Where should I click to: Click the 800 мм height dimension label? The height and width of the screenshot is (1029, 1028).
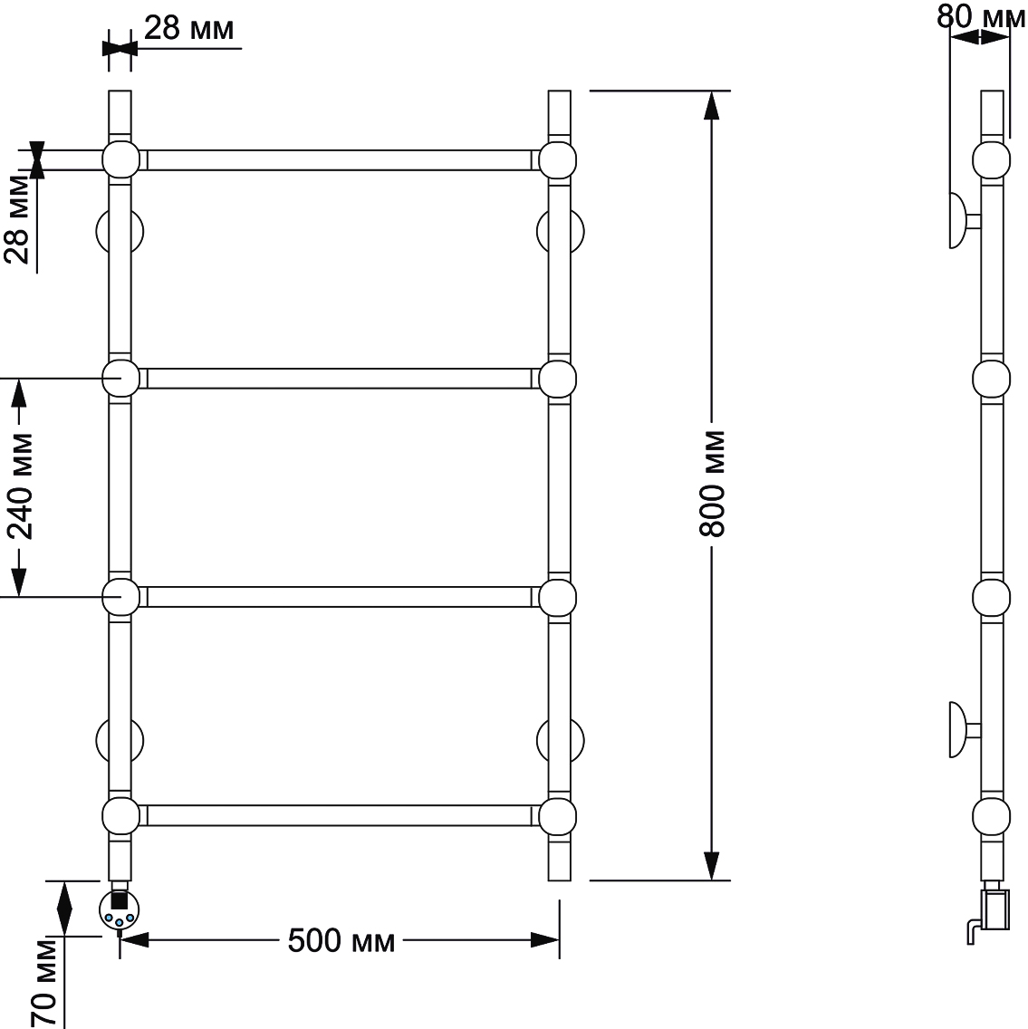712,485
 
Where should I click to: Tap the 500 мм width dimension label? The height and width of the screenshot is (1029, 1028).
341,941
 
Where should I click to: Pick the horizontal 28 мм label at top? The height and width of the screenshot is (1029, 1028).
188,28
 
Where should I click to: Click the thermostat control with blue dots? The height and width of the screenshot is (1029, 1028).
119,911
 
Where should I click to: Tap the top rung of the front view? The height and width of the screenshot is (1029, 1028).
340,160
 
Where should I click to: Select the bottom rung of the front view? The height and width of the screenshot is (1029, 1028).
340,816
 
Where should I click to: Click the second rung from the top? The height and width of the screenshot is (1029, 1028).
340,379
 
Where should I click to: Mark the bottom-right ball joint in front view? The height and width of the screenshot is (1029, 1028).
558,816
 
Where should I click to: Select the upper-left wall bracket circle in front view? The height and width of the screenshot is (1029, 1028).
120,231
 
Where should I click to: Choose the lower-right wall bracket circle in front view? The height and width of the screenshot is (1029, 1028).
561,740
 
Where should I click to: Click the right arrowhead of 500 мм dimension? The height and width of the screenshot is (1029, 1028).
544,940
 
